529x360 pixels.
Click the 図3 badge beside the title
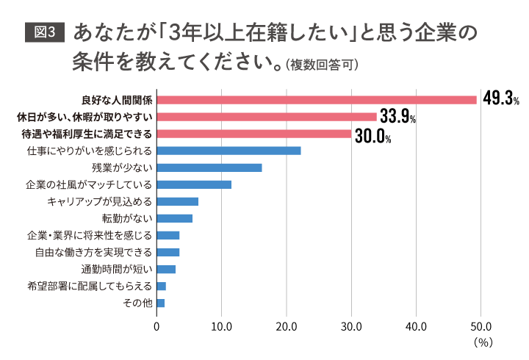pyautogui.click(x=45, y=34)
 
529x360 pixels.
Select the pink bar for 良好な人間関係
pyautogui.click(x=317, y=100)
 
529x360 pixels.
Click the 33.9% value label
pyautogui.click(x=398, y=117)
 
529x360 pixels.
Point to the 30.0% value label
pyautogui.click(x=373, y=134)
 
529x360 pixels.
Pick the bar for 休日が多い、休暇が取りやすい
pyautogui.click(x=267, y=117)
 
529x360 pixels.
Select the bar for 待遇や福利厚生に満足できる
pyautogui.click(x=254, y=134)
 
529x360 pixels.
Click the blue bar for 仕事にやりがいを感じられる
pyautogui.click(x=228, y=151)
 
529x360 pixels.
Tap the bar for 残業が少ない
pyautogui.click(x=209, y=168)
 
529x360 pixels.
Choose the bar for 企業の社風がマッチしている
pyautogui.click(x=194, y=184)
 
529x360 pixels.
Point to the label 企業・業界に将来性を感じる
pyautogui.click(x=89, y=235)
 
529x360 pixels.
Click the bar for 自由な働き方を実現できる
pyautogui.click(x=168, y=252)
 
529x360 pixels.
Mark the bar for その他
pyautogui.click(x=161, y=303)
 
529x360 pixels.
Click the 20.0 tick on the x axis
pyautogui.click(x=287, y=325)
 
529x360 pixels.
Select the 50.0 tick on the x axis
pyautogui.click(x=481, y=325)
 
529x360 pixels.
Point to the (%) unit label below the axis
pyautogui.click(x=482, y=342)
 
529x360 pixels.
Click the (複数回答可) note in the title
pyautogui.click(x=321, y=65)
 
